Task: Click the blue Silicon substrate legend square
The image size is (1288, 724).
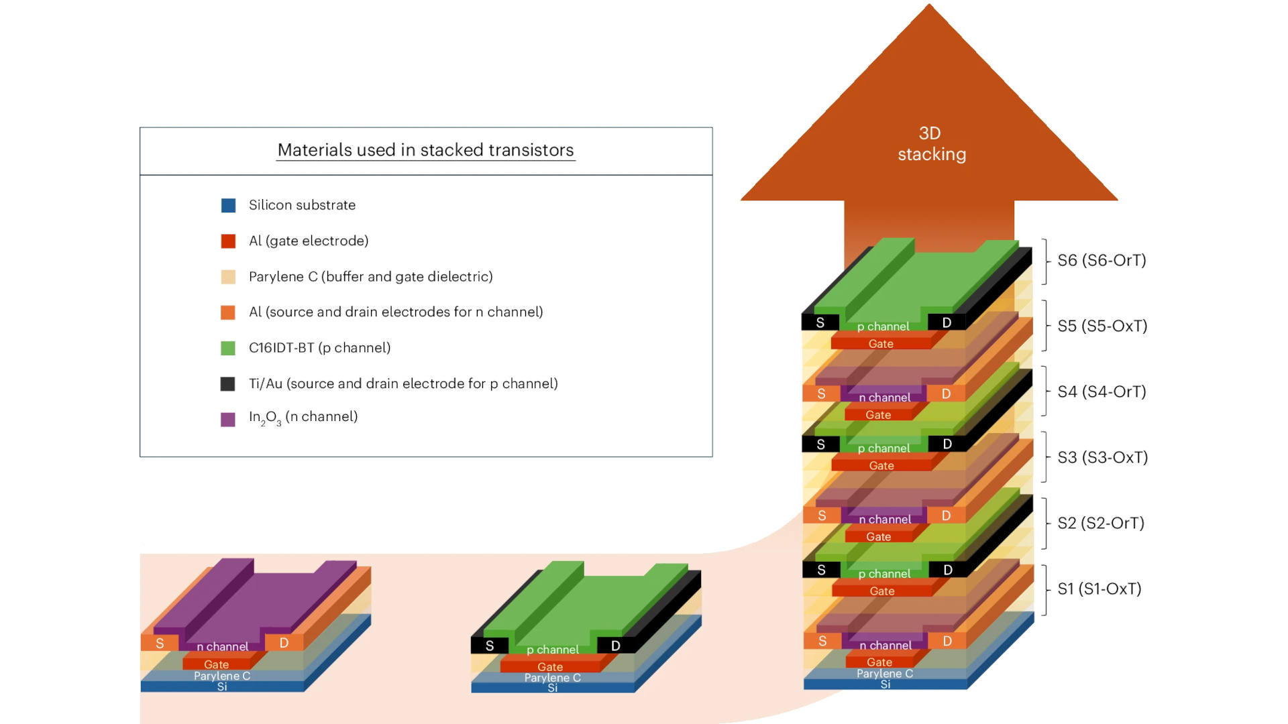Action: pyautogui.click(x=228, y=205)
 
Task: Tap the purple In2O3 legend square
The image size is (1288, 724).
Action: pyautogui.click(x=228, y=420)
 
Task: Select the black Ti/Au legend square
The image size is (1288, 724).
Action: pyautogui.click(x=228, y=383)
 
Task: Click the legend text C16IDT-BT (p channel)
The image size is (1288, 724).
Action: pyautogui.click(x=319, y=348)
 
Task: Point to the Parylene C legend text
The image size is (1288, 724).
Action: pyautogui.click(x=370, y=276)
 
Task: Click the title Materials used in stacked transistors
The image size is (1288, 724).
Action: pyautogui.click(x=425, y=150)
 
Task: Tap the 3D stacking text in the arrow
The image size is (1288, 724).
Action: pyautogui.click(x=931, y=144)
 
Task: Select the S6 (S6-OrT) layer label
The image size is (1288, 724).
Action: pyautogui.click(x=1102, y=260)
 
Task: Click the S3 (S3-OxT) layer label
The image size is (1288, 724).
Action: pyautogui.click(x=1102, y=457)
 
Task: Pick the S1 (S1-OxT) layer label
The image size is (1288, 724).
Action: pyautogui.click(x=1099, y=589)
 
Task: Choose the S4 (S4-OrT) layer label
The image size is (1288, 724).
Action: pyautogui.click(x=1102, y=391)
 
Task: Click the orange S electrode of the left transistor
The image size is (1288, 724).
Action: pyautogui.click(x=160, y=644)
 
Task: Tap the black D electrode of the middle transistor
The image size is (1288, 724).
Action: pyautogui.click(x=615, y=646)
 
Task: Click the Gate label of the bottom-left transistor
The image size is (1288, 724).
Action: pyautogui.click(x=216, y=664)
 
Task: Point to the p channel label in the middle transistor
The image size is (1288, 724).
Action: pyautogui.click(x=552, y=650)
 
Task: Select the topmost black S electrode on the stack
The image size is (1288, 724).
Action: pyautogui.click(x=820, y=322)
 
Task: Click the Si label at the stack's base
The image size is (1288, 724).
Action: pyautogui.click(x=885, y=684)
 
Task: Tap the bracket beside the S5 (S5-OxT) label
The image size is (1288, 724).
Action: pyautogui.click(x=1045, y=326)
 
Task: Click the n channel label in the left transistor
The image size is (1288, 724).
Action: pyautogui.click(x=222, y=646)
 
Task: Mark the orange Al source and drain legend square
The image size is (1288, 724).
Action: pyautogui.click(x=228, y=312)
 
